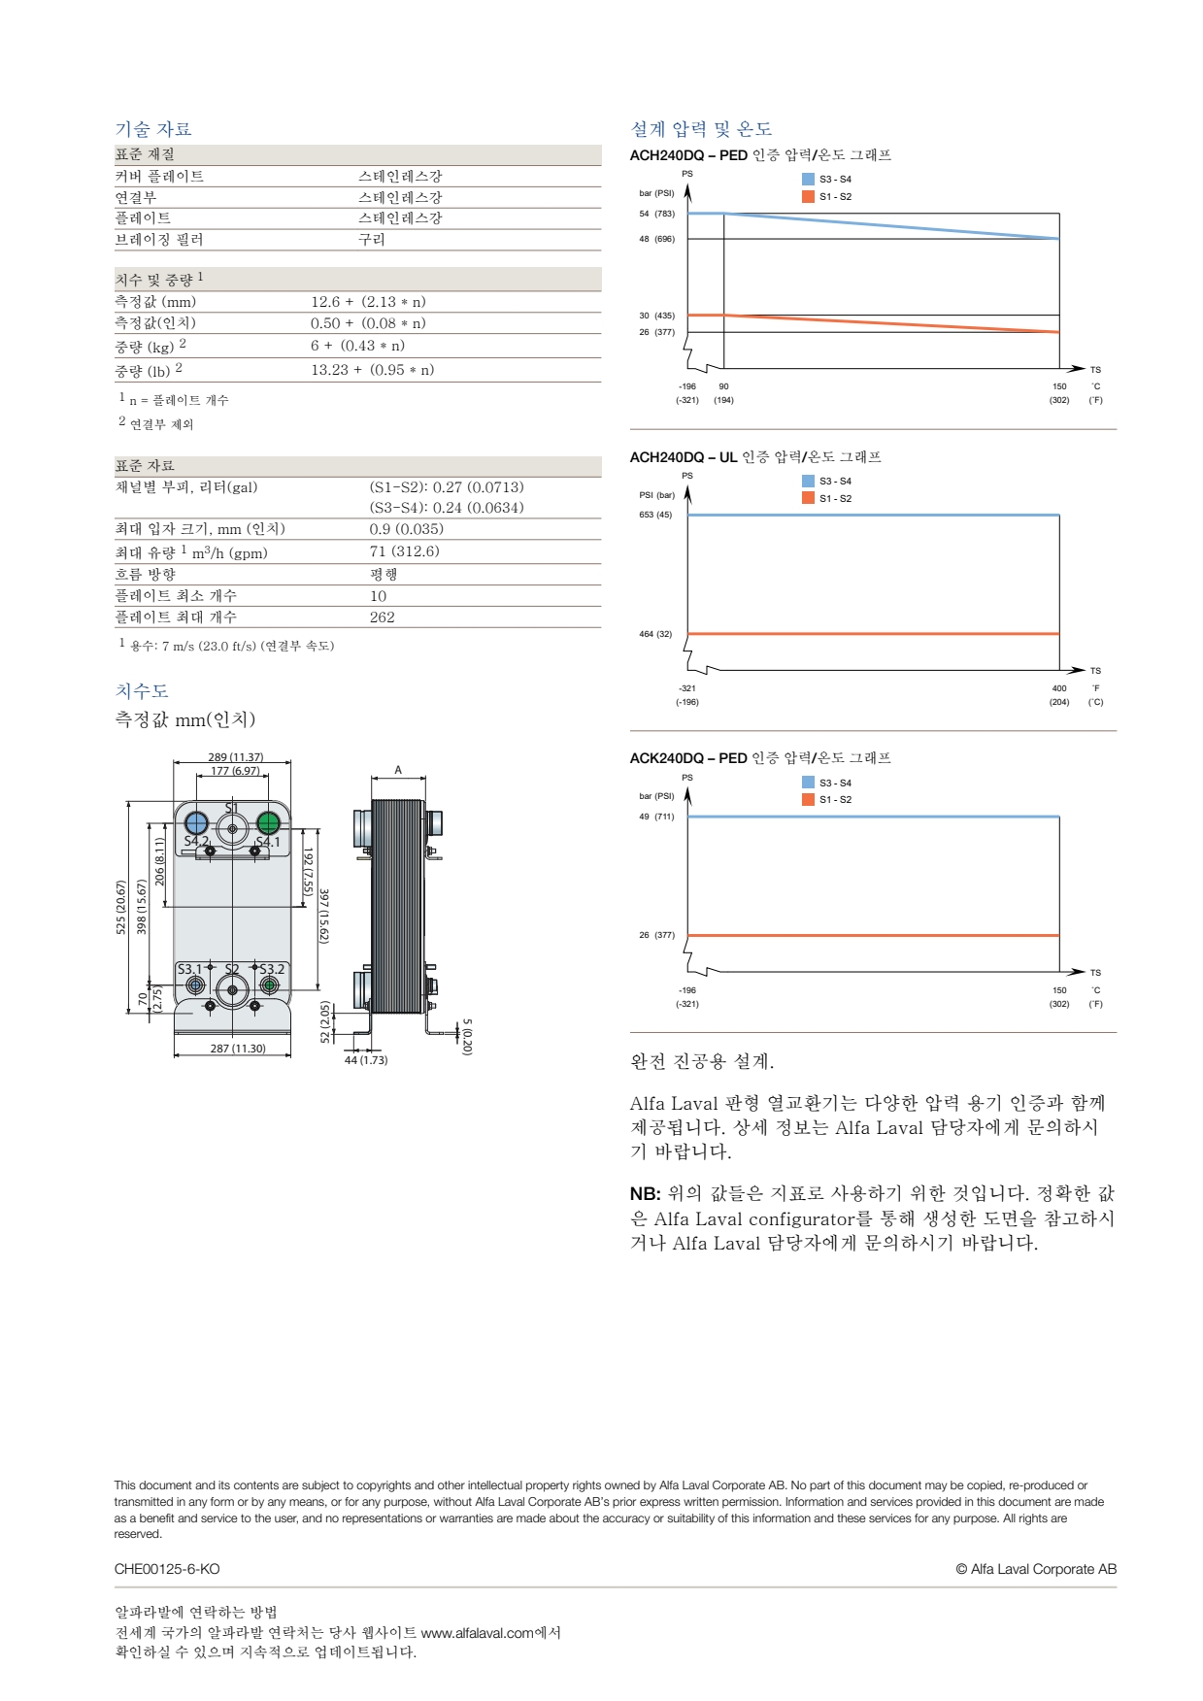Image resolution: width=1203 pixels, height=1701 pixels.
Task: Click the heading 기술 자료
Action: (x=153, y=129)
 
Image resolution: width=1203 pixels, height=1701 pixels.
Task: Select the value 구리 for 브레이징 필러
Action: (x=372, y=239)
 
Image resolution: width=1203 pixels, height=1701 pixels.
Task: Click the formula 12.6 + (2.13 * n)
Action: (x=368, y=302)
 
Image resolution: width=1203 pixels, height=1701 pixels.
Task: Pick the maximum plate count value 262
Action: (x=382, y=617)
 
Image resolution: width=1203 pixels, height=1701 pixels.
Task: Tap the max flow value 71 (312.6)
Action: (x=404, y=551)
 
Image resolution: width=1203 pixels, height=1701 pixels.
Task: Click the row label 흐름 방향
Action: (x=146, y=574)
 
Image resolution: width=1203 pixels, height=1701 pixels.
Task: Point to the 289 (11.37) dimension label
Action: (x=235, y=757)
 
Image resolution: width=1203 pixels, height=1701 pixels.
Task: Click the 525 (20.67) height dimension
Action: (x=121, y=907)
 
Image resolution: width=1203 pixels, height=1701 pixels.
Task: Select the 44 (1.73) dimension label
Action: (x=366, y=1060)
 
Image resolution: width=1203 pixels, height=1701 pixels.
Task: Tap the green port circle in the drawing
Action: (x=268, y=823)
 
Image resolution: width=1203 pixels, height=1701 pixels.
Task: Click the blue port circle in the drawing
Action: (x=196, y=823)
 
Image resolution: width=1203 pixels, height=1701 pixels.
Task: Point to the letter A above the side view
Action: (x=398, y=770)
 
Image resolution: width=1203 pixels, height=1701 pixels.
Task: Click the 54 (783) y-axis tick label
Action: (x=656, y=214)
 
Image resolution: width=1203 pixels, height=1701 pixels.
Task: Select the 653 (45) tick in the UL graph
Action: (x=655, y=515)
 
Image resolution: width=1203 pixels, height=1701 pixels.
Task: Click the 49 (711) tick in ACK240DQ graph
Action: (x=656, y=817)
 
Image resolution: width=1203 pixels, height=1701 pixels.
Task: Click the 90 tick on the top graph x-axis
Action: (x=723, y=386)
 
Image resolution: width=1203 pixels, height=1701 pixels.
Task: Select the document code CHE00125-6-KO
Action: (x=167, y=1569)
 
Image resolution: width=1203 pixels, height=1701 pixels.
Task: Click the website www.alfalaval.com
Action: (x=477, y=1633)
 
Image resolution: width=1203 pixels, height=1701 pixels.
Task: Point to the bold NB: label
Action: (x=645, y=1193)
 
